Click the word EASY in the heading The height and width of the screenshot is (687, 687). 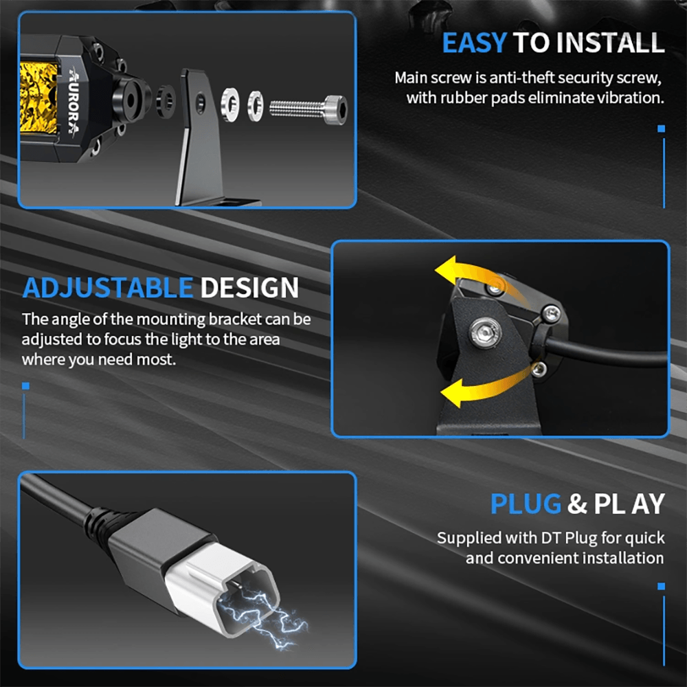(x=475, y=43)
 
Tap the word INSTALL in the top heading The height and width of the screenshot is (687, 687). (x=611, y=43)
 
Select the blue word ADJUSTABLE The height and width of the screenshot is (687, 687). (x=108, y=288)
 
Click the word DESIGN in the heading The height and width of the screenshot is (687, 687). (x=249, y=288)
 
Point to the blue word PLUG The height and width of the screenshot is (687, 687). (x=526, y=504)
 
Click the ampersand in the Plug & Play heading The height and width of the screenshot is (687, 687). (x=578, y=504)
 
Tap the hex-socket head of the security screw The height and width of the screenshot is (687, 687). (x=336, y=109)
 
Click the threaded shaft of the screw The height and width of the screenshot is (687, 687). (x=297, y=109)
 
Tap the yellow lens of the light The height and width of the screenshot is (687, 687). (x=38, y=98)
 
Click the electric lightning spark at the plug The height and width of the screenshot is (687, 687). (x=263, y=617)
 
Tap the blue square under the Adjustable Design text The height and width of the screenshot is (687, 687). (x=26, y=386)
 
